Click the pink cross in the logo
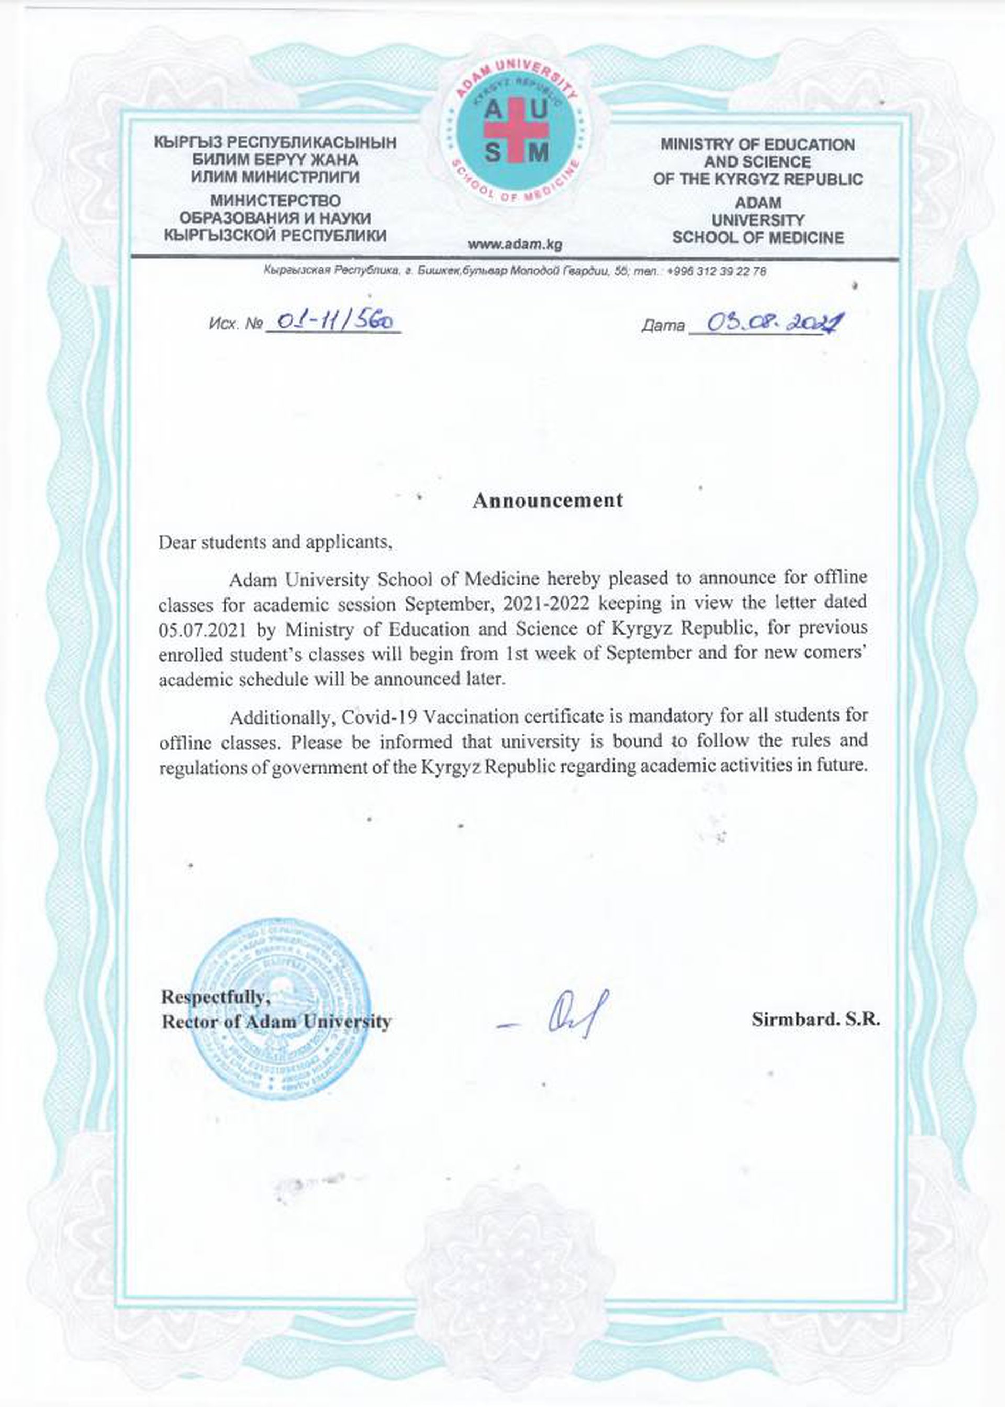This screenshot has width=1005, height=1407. pyautogui.click(x=516, y=130)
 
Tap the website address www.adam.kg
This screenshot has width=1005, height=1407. pyautogui.click(x=515, y=245)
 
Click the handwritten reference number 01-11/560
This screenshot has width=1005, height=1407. pyautogui.click(x=334, y=322)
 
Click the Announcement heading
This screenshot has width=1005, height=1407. pyautogui.click(x=547, y=500)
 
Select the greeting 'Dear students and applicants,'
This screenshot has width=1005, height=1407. pyautogui.click(x=275, y=542)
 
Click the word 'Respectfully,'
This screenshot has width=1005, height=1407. pyautogui.click(x=215, y=996)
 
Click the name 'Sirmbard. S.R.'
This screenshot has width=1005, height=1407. pyautogui.click(x=815, y=1020)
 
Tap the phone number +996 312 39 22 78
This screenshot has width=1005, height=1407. pyautogui.click(x=717, y=271)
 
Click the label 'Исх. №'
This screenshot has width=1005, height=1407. pyautogui.click(x=237, y=324)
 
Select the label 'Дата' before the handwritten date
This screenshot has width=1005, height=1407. pyautogui.click(x=663, y=326)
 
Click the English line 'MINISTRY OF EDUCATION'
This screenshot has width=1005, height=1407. pyautogui.click(x=757, y=145)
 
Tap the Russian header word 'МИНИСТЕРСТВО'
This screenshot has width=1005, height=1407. pyautogui.click(x=275, y=201)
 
